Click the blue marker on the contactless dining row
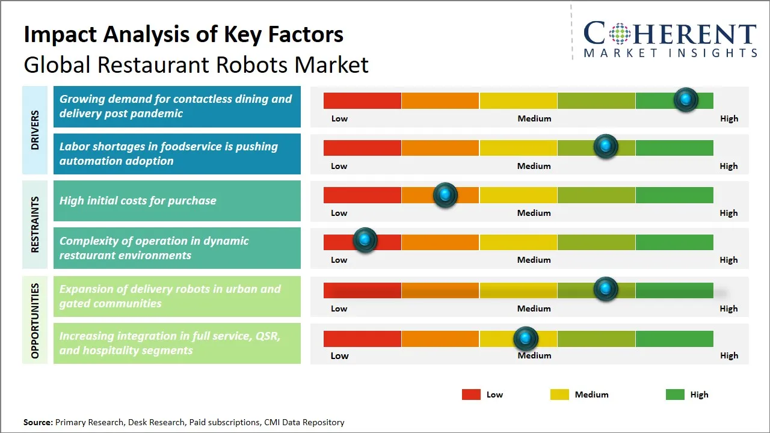coord(685,100)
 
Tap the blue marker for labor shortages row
coord(605,147)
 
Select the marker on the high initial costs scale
coord(445,195)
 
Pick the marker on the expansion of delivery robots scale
coord(605,289)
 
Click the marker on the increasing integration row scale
coord(526,339)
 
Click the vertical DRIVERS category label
coord(35,130)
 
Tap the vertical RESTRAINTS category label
coord(35,224)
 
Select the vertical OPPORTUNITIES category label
coord(35,321)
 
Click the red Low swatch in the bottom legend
coord(471,395)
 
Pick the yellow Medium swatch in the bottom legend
coord(559,395)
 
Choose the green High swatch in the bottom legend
coord(675,395)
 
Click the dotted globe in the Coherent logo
coord(620,34)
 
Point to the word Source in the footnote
coord(38,422)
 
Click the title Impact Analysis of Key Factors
coord(183,34)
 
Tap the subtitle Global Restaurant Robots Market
coord(196,64)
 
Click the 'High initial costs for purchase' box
coord(177,201)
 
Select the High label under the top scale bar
coord(728,118)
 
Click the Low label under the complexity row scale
coord(339,260)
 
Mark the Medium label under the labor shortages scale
coord(534,166)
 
